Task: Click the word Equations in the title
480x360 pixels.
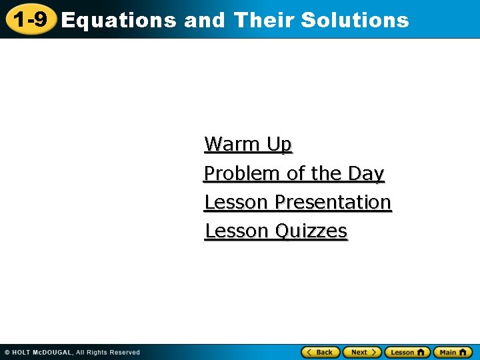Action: point(118,21)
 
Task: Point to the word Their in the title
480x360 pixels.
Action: point(265,20)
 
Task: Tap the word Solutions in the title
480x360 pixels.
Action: point(355,20)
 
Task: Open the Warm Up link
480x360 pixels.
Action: point(248,144)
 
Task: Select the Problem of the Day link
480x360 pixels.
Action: point(294,173)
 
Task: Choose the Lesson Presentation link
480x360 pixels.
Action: point(297,202)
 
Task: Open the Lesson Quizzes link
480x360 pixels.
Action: point(275,231)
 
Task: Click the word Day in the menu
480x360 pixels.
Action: point(366,173)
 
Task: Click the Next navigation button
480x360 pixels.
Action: point(362,352)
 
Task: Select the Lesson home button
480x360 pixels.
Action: point(407,352)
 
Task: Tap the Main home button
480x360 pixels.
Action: point(453,352)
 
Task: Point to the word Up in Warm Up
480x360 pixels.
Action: point(279,144)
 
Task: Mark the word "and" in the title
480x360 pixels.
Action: point(205,20)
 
